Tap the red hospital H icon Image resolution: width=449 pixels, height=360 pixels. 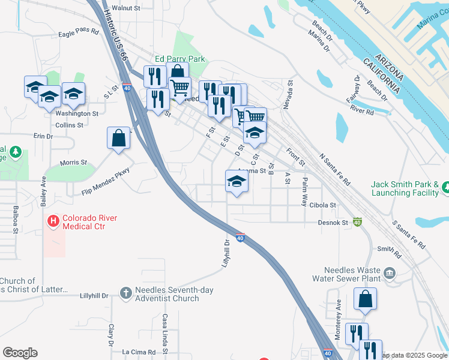click(x=53, y=222)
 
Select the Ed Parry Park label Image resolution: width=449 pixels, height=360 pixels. click(x=180, y=59)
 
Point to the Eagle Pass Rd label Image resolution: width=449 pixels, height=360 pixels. click(x=78, y=34)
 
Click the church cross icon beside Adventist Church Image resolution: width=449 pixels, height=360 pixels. click(x=125, y=293)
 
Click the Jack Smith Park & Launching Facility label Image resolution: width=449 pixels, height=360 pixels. click(x=405, y=188)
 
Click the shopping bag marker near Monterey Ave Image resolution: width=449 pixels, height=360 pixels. click(x=365, y=299)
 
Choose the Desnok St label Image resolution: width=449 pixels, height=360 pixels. click(x=334, y=223)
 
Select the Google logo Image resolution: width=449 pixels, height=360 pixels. click(x=20, y=353)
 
